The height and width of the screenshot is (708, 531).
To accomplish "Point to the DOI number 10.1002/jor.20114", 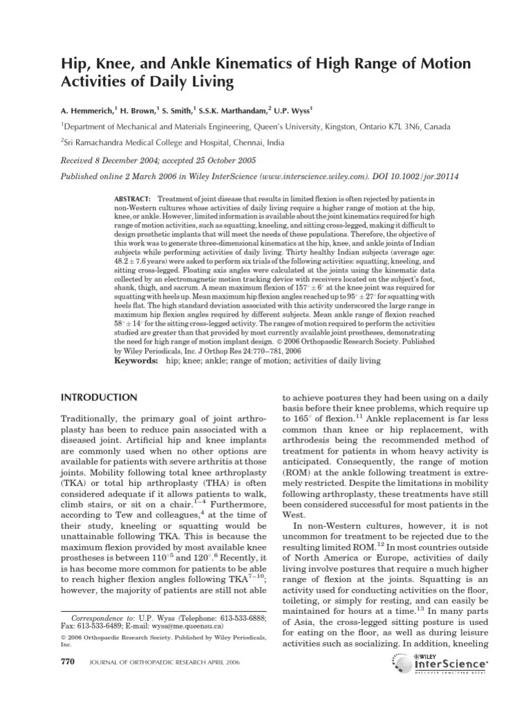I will pos(412,176).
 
